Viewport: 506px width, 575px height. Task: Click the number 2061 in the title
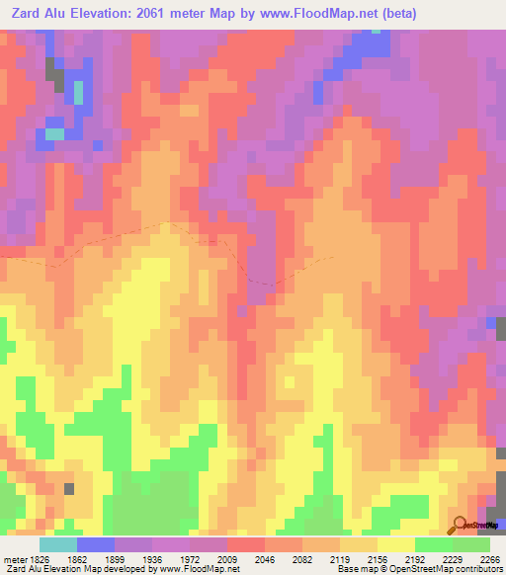click(167, 14)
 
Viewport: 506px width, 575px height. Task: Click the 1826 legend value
click(41, 558)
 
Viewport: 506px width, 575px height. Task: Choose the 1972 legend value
click(189, 558)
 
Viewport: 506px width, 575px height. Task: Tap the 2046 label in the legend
click(264, 558)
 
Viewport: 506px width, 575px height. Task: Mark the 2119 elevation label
click(339, 558)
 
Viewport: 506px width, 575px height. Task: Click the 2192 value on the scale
click(414, 558)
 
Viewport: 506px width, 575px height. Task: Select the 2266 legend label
click(487, 558)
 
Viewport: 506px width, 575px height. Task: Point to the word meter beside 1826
click(15, 558)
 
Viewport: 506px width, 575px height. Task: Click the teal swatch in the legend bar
click(57, 544)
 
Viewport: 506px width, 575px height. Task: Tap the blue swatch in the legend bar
click(95, 544)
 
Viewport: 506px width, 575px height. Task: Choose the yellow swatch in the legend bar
click(395, 544)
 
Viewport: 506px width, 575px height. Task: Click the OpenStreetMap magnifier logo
click(460, 525)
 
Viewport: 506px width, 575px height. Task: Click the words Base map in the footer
click(358, 569)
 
